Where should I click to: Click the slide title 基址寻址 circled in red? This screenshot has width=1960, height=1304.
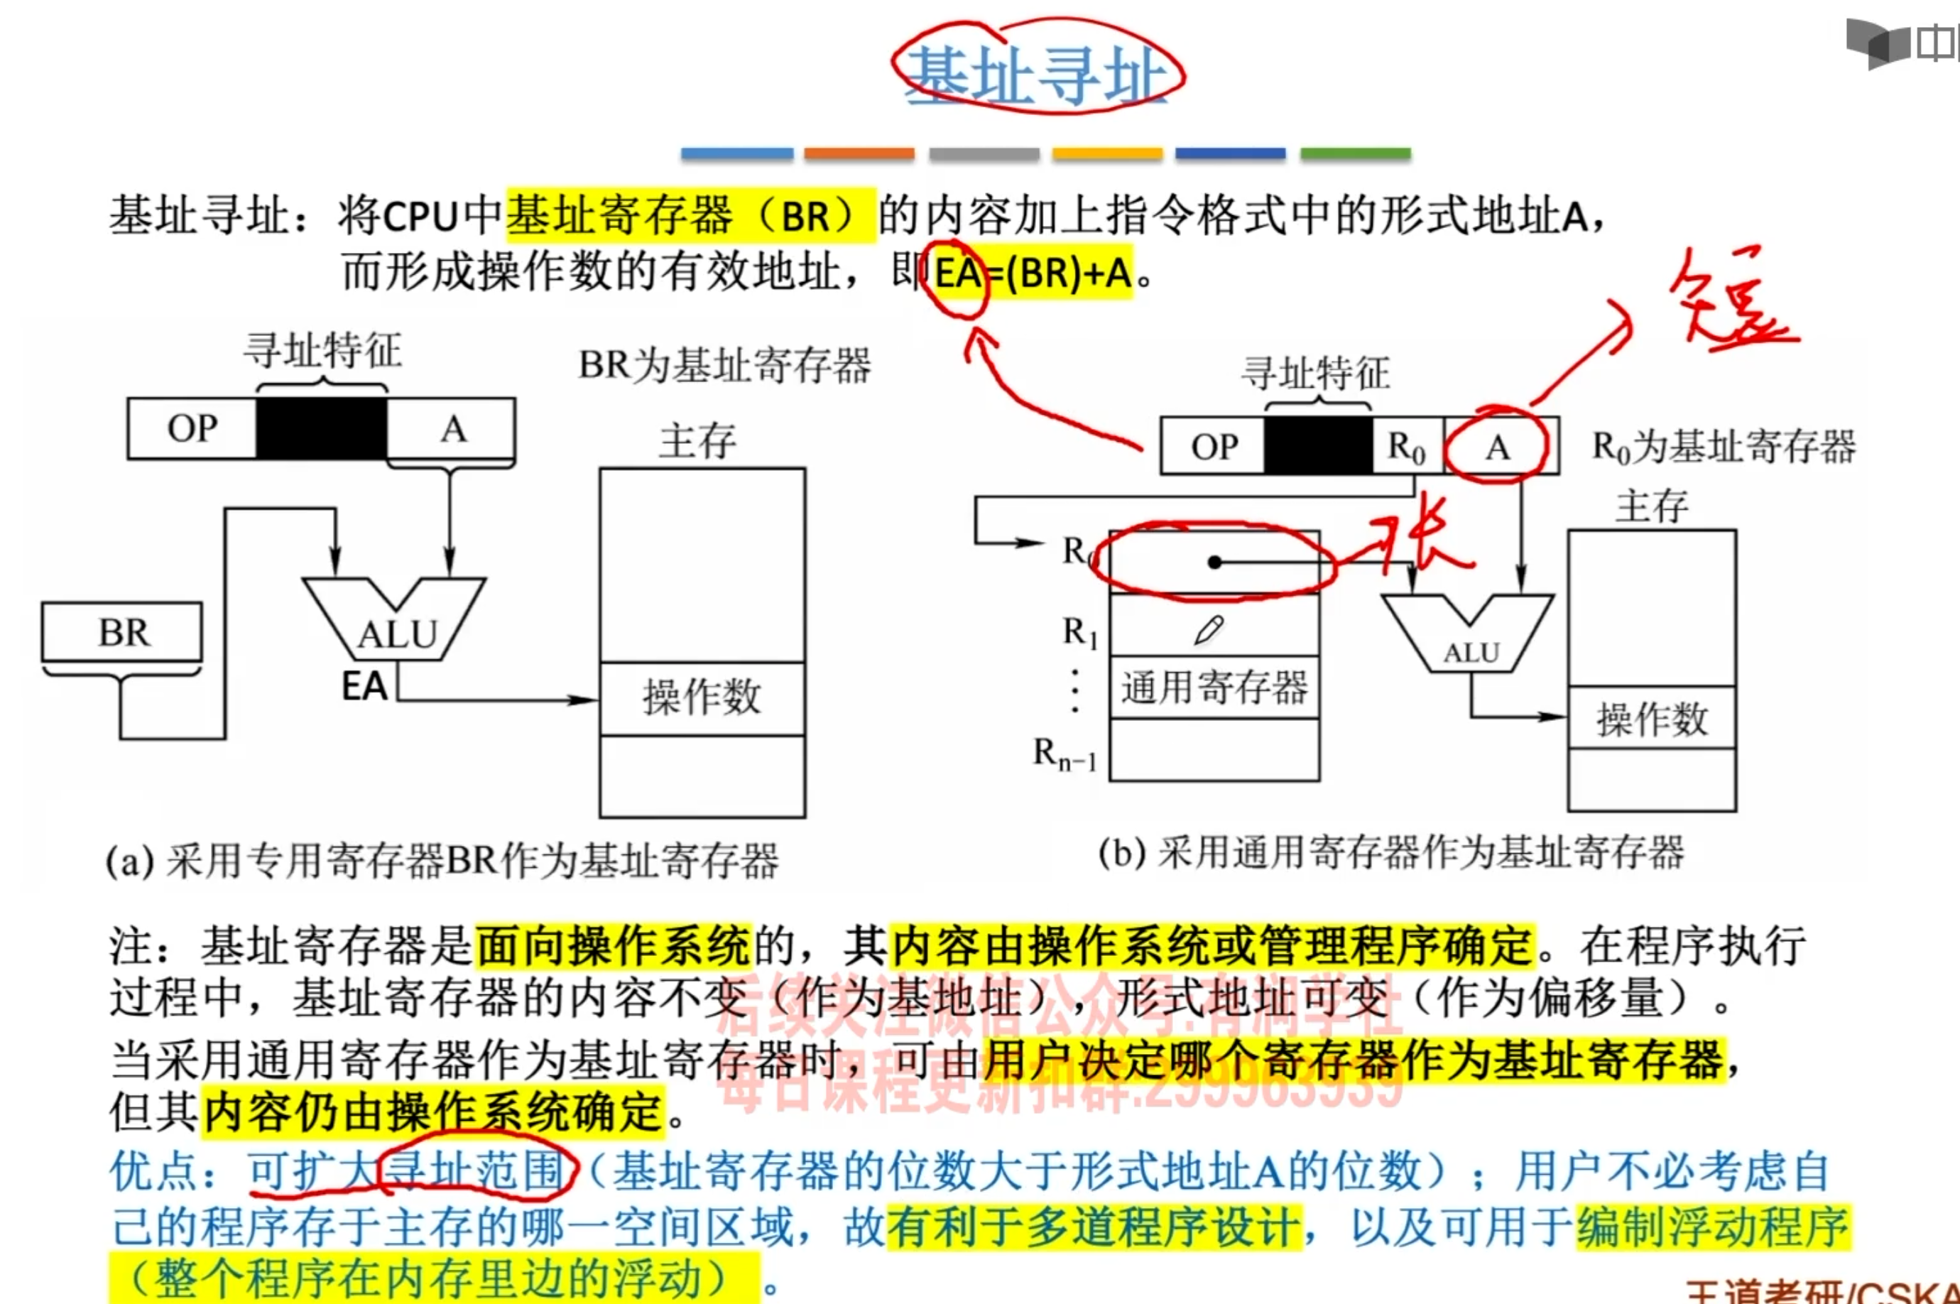[1036, 73]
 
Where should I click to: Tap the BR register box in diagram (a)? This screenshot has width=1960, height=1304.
[122, 632]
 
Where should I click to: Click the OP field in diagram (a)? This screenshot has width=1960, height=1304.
[192, 428]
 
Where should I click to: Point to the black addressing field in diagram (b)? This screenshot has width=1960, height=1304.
[1317, 446]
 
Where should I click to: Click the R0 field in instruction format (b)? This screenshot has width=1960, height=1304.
[1406, 447]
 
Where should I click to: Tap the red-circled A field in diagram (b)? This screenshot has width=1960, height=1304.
[1498, 447]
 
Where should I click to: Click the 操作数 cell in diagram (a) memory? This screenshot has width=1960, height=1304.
[702, 697]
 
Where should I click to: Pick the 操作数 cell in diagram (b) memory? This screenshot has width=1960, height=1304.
[1652, 718]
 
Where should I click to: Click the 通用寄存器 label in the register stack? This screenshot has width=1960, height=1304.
[1214, 688]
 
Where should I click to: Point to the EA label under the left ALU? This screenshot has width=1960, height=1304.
[364, 687]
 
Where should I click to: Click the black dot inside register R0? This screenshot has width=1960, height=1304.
[1214, 563]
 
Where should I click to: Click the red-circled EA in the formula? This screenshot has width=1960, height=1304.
[958, 273]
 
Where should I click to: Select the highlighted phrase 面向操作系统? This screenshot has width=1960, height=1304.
[613, 947]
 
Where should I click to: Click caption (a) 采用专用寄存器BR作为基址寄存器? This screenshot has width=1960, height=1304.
[442, 861]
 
